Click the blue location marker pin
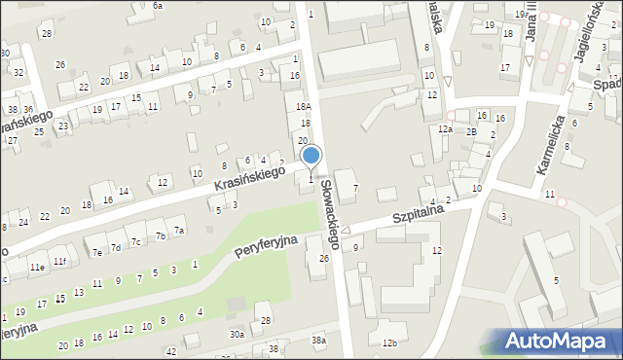click(311, 156)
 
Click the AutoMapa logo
click(561, 341)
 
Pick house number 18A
click(303, 107)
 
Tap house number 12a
click(445, 129)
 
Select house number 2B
click(471, 131)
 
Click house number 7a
click(178, 231)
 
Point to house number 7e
click(97, 253)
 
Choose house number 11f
click(59, 261)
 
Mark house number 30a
click(237, 335)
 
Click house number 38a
click(318, 340)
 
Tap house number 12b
click(389, 342)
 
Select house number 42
click(171, 350)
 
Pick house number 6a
click(157, 6)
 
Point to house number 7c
click(137, 241)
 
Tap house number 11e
click(37, 267)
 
